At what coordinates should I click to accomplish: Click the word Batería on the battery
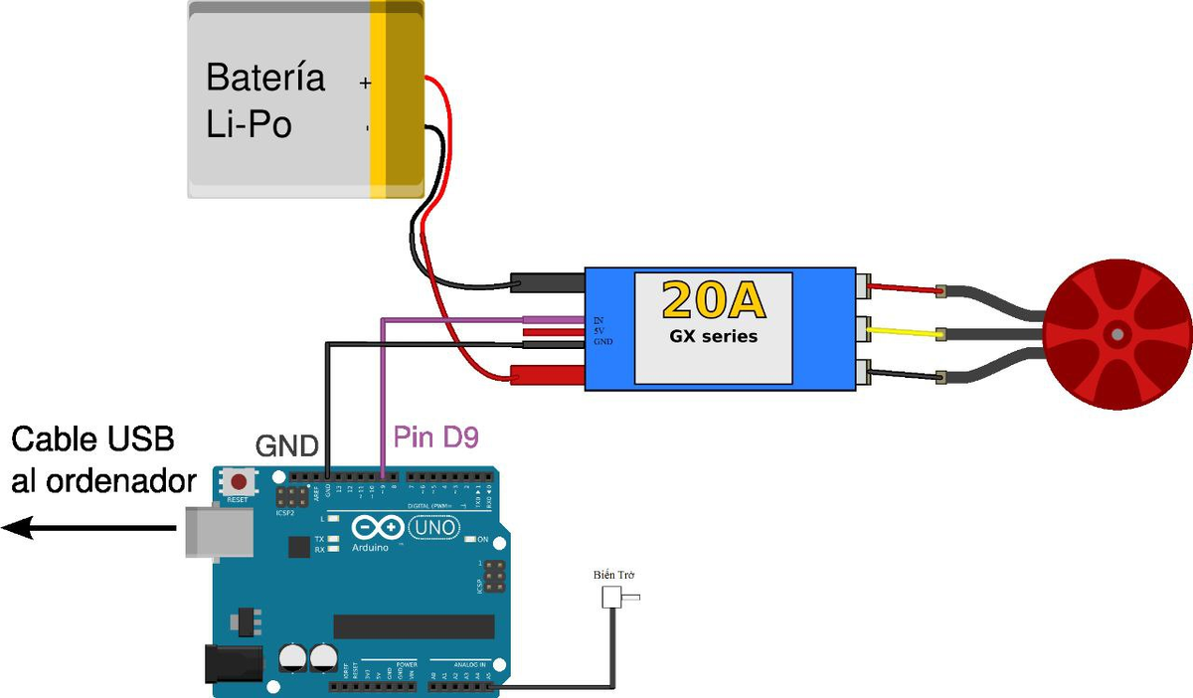264,78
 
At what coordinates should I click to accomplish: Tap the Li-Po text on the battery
249,126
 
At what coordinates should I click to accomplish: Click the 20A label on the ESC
713,299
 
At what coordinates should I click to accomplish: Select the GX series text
713,336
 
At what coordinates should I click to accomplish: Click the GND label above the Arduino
288,444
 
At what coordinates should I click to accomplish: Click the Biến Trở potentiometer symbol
611,598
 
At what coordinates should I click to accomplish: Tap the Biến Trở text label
613,576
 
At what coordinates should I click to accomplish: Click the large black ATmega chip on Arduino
414,625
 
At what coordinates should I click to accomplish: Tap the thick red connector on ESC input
547,374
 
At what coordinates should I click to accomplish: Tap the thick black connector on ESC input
547,283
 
